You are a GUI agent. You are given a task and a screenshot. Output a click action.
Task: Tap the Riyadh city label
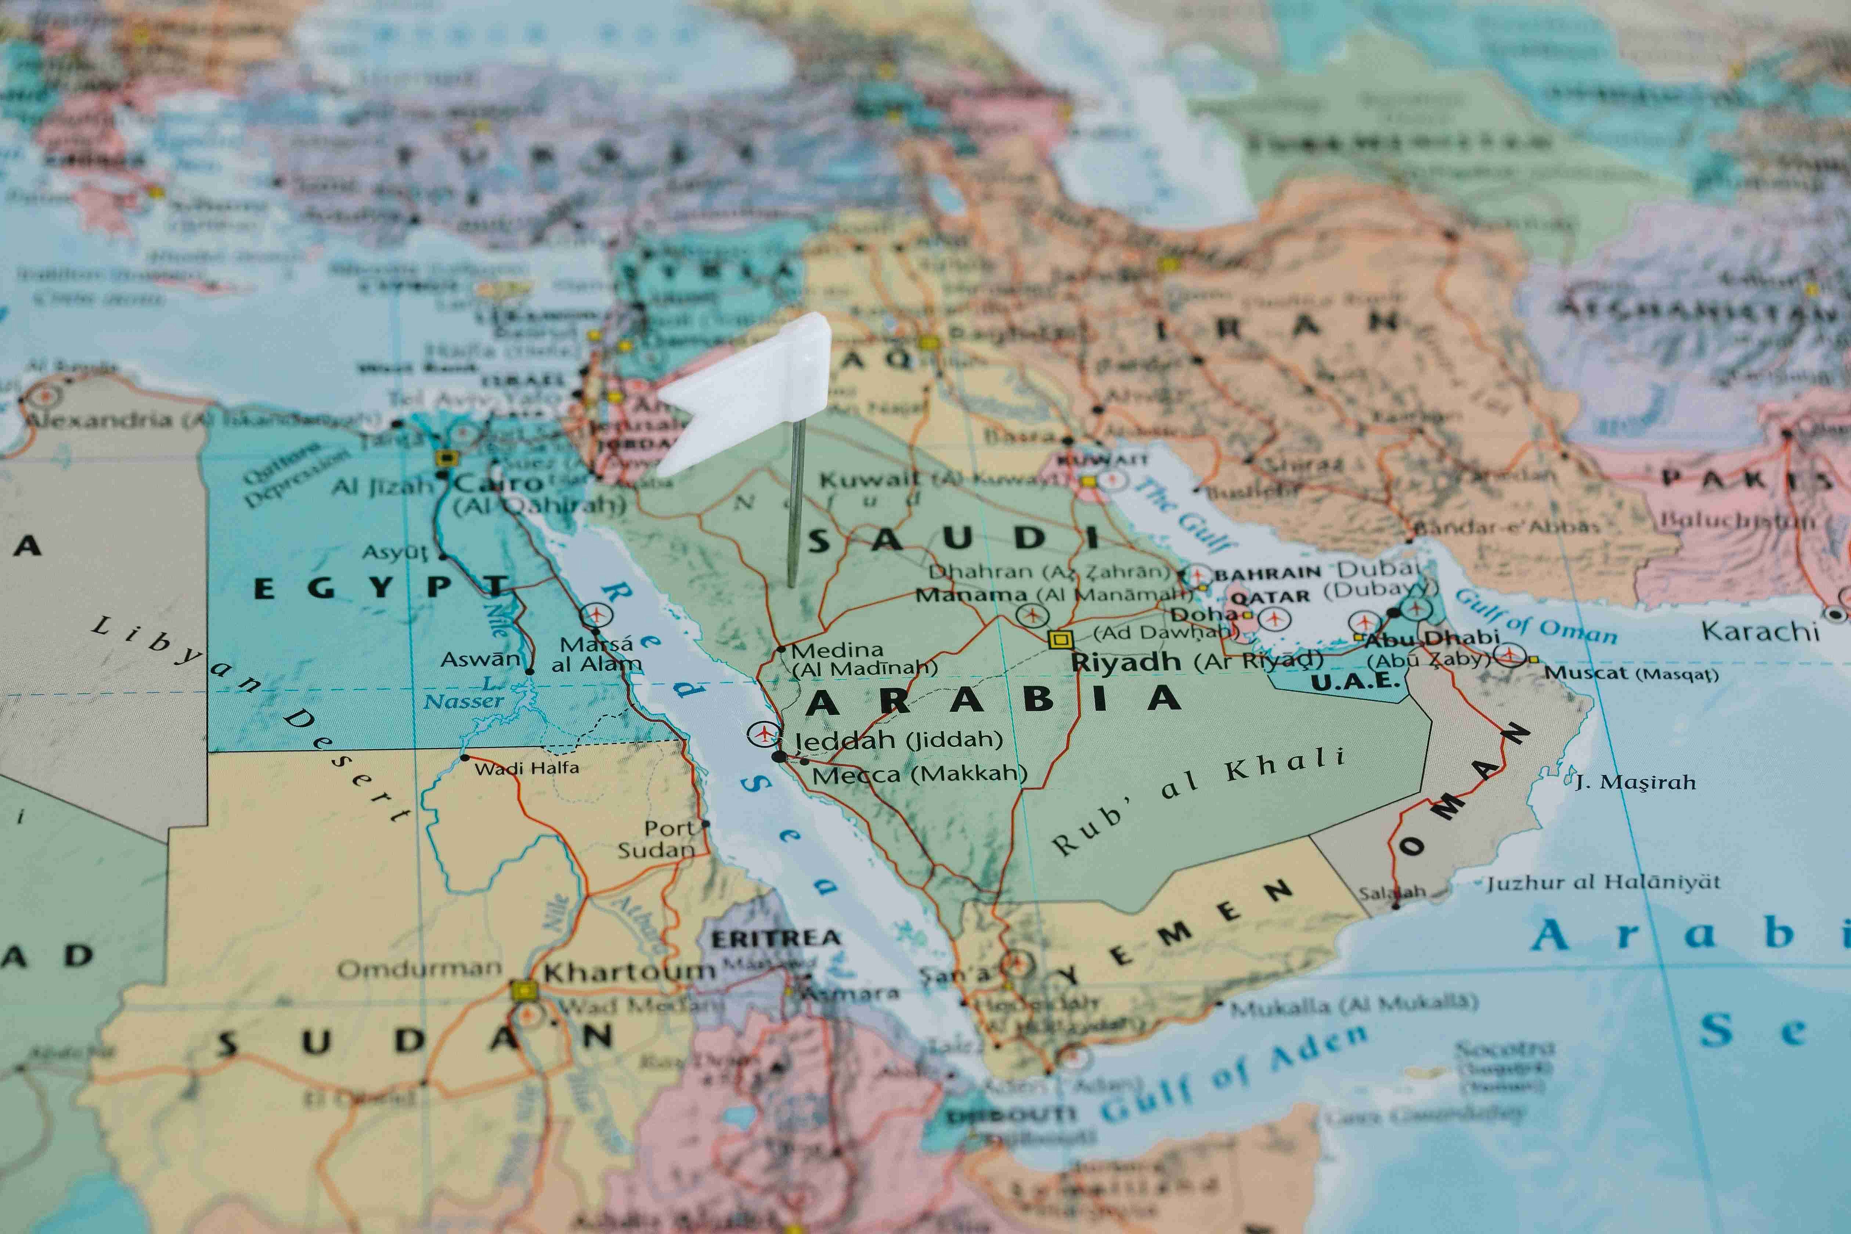(x=1125, y=662)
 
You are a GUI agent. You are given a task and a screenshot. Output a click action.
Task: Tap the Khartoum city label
(x=628, y=972)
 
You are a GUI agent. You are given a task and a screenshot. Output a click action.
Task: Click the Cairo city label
(x=498, y=481)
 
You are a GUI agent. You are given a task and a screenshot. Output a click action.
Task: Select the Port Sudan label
(x=658, y=839)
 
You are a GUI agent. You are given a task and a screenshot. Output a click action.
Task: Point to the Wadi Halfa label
(x=527, y=767)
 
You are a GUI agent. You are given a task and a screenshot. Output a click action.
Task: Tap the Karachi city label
(x=1760, y=630)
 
